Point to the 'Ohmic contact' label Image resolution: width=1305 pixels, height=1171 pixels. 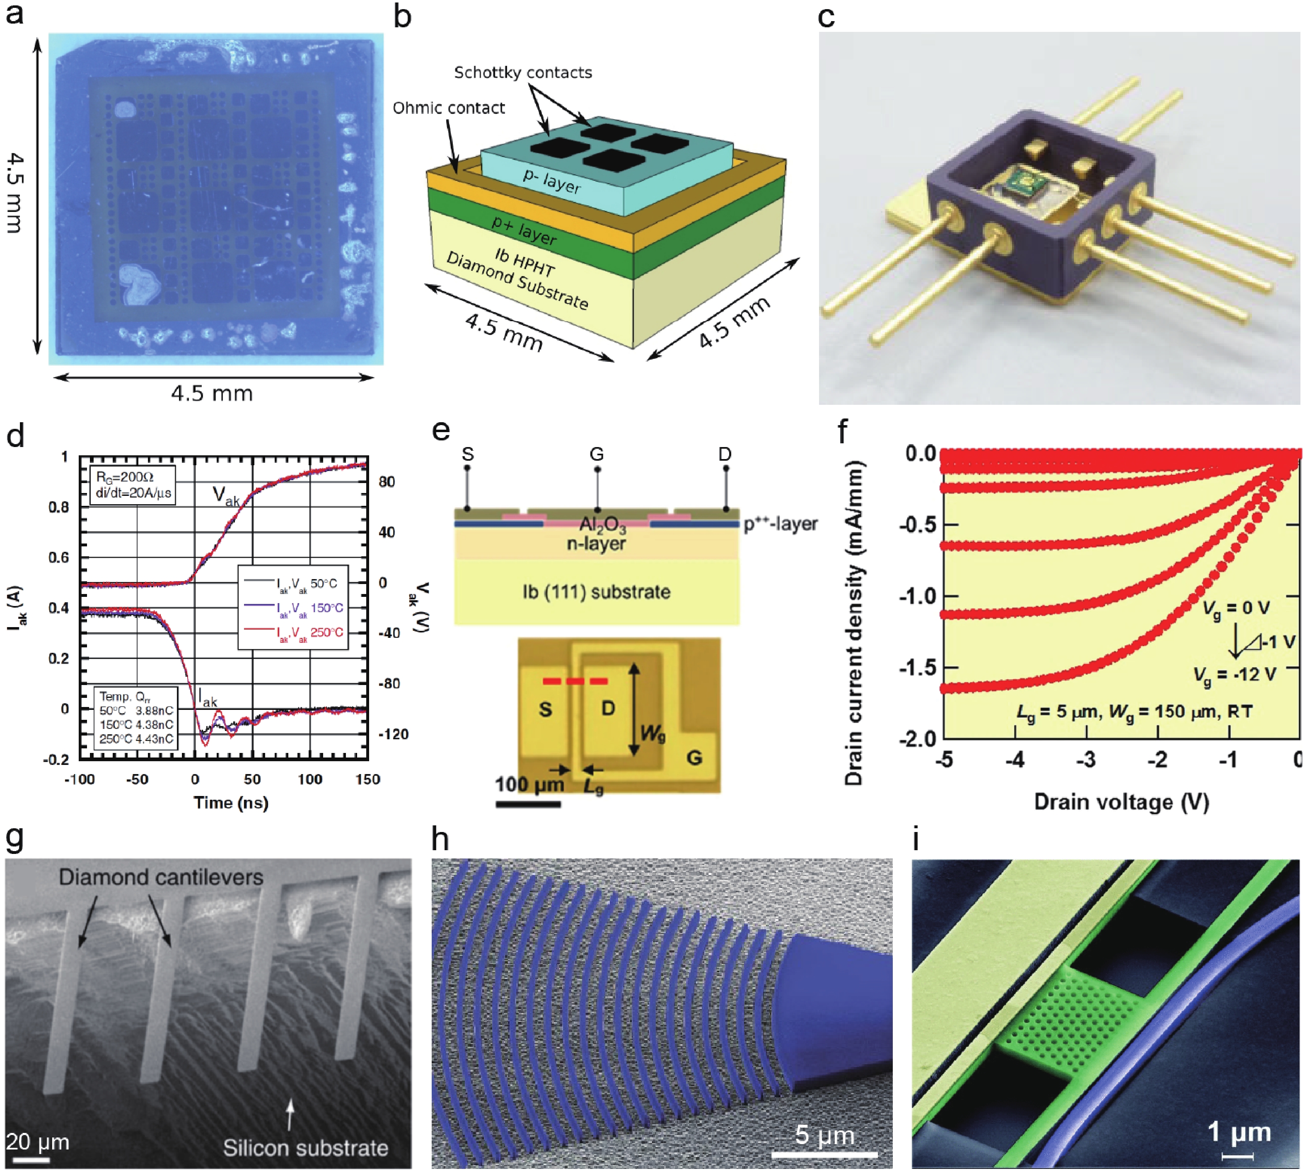click(449, 108)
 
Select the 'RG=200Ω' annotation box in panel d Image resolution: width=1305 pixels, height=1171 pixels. click(133, 484)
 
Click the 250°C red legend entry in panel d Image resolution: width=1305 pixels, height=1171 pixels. click(293, 632)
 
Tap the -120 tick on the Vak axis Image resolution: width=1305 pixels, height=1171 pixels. click(393, 734)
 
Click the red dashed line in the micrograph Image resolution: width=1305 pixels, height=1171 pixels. click(575, 681)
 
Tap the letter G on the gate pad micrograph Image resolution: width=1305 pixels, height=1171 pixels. click(694, 757)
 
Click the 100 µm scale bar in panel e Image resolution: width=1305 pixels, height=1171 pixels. click(528, 803)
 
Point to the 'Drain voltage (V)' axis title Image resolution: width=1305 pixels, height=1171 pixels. click(1121, 802)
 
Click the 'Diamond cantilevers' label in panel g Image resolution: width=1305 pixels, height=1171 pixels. click(161, 877)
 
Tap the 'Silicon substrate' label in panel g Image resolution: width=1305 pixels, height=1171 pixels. click(306, 1148)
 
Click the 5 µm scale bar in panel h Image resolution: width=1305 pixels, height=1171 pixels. click(825, 1154)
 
